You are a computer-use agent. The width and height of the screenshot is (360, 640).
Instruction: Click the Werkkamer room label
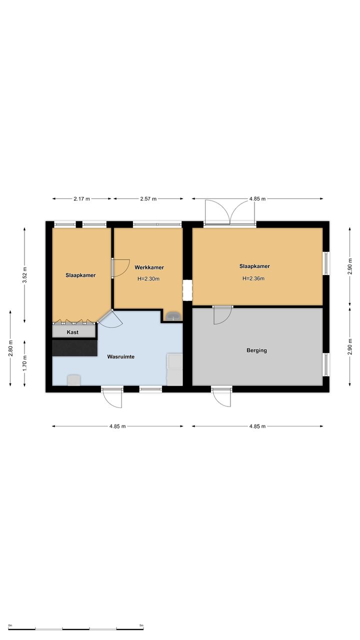pyautogui.click(x=149, y=267)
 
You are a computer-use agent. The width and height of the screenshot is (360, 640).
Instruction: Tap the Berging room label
pyautogui.click(x=256, y=350)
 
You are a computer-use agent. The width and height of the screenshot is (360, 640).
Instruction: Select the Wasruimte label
pyautogui.click(x=121, y=356)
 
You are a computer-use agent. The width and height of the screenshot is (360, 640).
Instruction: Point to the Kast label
pyautogui.click(x=72, y=332)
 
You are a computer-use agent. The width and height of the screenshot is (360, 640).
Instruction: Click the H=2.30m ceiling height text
pyautogui.click(x=148, y=279)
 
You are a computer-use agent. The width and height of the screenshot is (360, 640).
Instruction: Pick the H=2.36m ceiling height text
pyautogui.click(x=253, y=278)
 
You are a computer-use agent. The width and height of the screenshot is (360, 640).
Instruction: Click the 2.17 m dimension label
pyautogui.click(x=81, y=199)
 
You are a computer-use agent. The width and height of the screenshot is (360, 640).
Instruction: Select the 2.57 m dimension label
pyautogui.click(x=148, y=199)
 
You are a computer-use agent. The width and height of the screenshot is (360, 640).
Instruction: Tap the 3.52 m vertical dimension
pyautogui.click(x=24, y=274)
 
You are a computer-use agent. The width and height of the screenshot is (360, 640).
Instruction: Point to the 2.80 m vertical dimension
pyautogui.click(x=10, y=348)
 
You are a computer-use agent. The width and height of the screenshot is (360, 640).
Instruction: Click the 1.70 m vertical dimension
pyautogui.click(x=24, y=363)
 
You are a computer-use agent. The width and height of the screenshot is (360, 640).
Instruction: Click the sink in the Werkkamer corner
pyautogui.click(x=173, y=316)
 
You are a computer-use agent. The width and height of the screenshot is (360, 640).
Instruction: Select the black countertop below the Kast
pyautogui.click(x=75, y=347)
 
